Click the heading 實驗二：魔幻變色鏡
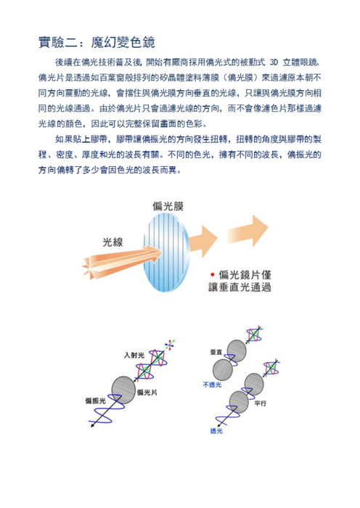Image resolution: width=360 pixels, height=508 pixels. (97, 42)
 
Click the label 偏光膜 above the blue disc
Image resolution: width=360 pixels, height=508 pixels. (168, 206)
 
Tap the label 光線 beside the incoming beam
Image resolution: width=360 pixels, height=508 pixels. (112, 242)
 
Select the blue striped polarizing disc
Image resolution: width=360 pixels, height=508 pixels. (166, 253)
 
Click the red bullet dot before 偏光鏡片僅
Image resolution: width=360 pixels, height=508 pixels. (212, 275)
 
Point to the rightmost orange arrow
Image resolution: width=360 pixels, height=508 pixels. (248, 231)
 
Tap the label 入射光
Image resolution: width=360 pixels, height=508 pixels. (134, 356)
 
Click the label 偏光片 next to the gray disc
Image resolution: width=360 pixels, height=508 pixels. (147, 393)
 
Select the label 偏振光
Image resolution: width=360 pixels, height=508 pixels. (95, 401)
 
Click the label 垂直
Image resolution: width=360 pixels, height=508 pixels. (216, 352)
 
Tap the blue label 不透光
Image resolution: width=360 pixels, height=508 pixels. (212, 385)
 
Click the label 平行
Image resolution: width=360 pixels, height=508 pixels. (260, 403)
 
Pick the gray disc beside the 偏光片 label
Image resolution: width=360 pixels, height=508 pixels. (123, 390)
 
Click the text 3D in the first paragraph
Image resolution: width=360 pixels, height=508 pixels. (274, 62)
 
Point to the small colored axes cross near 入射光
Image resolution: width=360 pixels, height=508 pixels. (170, 345)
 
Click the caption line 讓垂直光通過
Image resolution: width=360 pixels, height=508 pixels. (240, 287)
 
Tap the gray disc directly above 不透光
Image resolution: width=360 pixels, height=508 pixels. (223, 370)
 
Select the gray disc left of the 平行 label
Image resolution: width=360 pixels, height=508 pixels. (239, 402)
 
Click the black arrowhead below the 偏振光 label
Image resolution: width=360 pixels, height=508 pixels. (92, 425)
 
